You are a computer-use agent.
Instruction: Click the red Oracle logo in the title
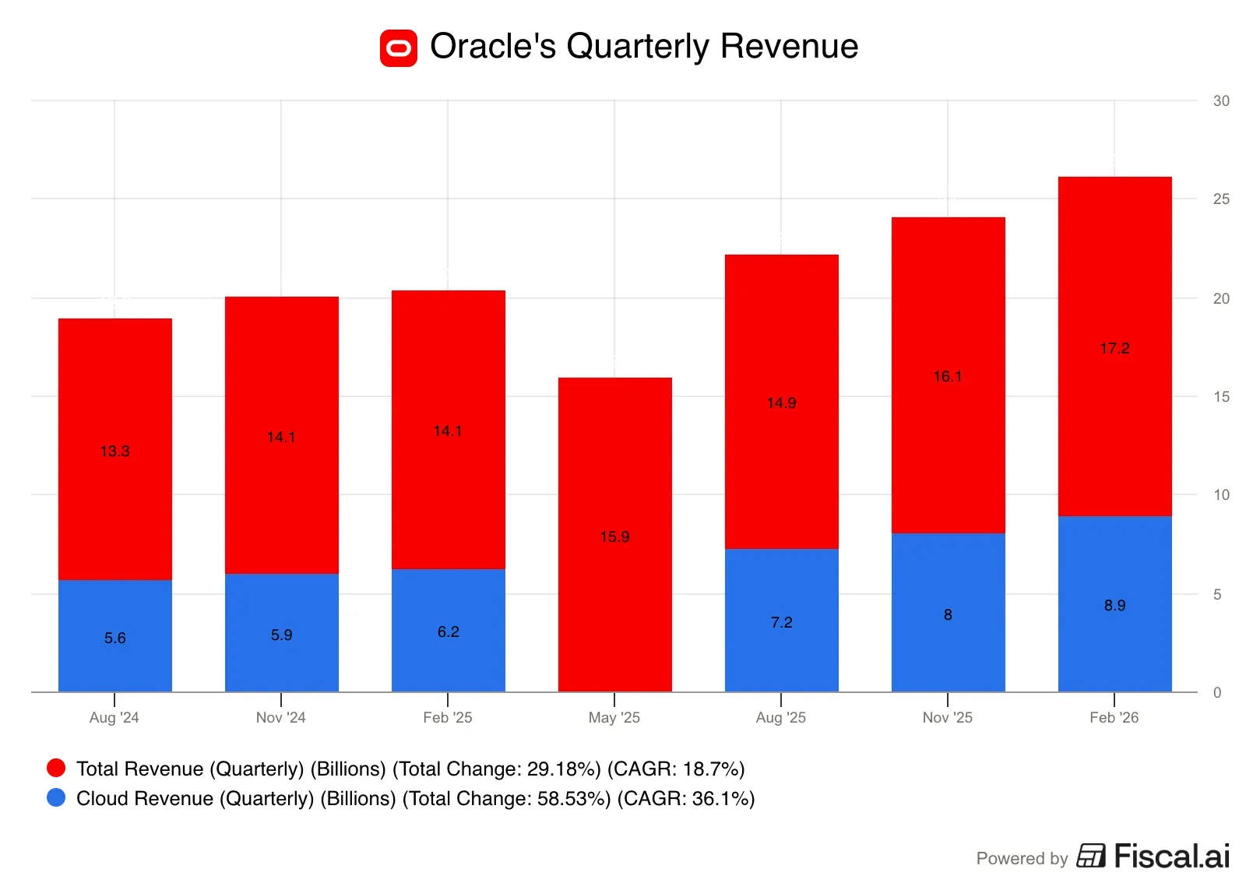pos(398,48)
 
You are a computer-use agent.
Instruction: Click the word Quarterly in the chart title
pos(637,46)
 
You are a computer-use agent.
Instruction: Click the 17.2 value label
pos(1114,348)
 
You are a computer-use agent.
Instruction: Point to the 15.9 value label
pos(614,536)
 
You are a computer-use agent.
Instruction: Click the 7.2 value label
pos(781,622)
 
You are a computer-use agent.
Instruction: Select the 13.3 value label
pos(114,451)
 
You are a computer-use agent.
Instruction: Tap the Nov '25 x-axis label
pos(947,717)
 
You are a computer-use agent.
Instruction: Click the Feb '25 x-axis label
pos(447,717)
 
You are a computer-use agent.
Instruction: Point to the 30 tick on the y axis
pos(1220,100)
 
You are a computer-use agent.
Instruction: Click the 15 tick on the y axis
pos(1220,396)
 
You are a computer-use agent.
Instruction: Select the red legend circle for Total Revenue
pos(56,768)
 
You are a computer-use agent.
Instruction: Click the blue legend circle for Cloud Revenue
pos(56,797)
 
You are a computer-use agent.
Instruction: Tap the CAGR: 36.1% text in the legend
pos(685,798)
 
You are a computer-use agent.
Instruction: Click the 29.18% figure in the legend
pos(563,769)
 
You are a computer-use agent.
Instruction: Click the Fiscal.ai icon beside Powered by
pos(1090,856)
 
